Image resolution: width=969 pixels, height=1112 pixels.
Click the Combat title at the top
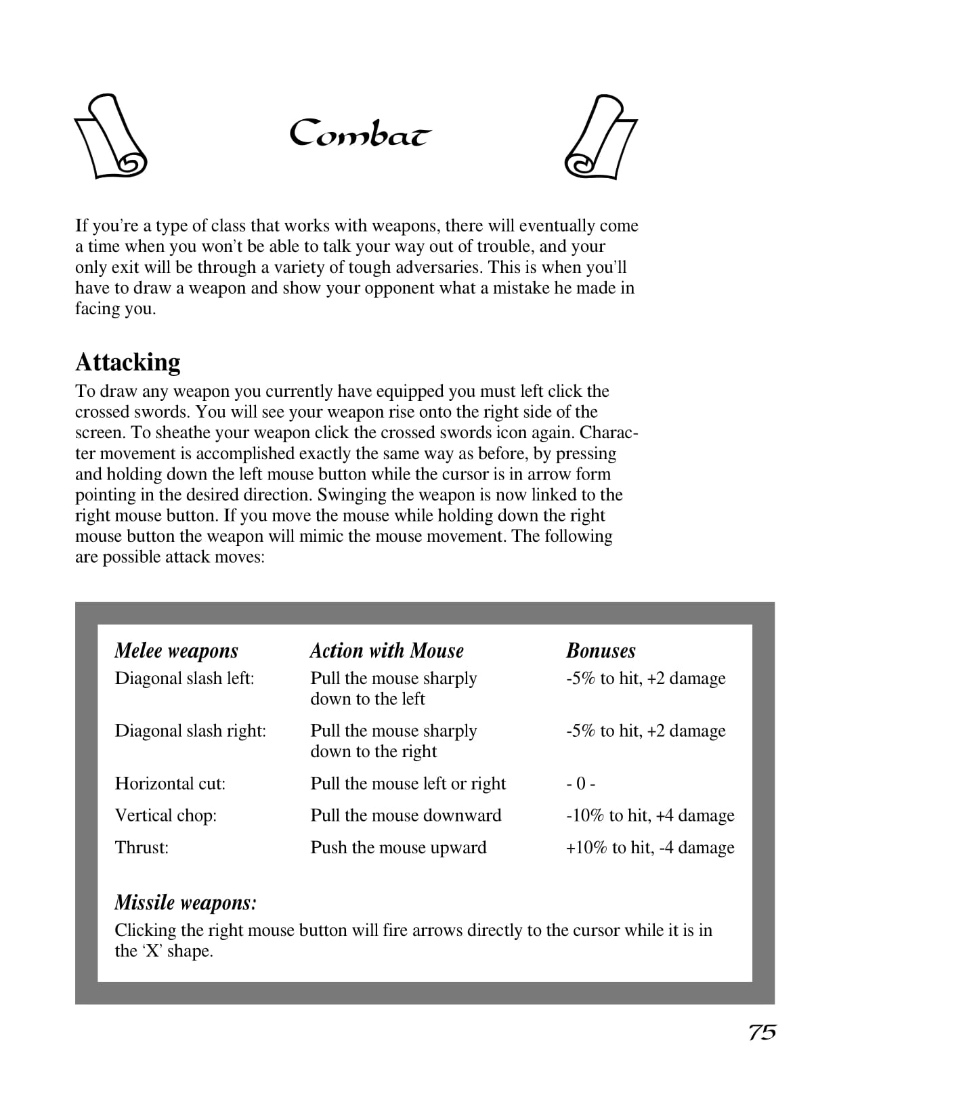pos(360,134)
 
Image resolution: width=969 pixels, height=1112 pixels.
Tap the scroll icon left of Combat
pos(111,136)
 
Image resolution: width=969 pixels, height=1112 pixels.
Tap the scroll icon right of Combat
pos(601,137)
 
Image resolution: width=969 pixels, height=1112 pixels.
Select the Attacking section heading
pos(128,362)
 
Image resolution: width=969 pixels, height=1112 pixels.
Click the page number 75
pos(762,1032)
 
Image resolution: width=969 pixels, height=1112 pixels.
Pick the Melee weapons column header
pos(176,651)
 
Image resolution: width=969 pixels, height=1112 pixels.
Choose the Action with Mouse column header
pos(387,651)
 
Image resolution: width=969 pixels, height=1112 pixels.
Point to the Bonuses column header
pos(601,651)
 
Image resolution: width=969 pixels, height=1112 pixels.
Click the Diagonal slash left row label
pos(184,678)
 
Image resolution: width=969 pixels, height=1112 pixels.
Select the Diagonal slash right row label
pos(190,731)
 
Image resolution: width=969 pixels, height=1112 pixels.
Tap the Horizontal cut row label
pos(170,784)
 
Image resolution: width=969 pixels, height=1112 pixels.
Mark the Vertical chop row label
pos(166,815)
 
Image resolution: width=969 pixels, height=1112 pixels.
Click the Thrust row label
pos(142,847)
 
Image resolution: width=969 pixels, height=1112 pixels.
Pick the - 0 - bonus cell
pos(581,784)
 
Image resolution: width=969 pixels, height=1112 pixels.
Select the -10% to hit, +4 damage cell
pos(650,815)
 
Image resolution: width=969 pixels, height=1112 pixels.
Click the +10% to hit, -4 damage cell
pos(650,847)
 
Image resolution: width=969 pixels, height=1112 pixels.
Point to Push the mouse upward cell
pos(398,847)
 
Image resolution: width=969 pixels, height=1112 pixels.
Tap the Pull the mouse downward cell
pos(406,815)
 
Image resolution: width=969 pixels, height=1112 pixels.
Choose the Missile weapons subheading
pos(186,903)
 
